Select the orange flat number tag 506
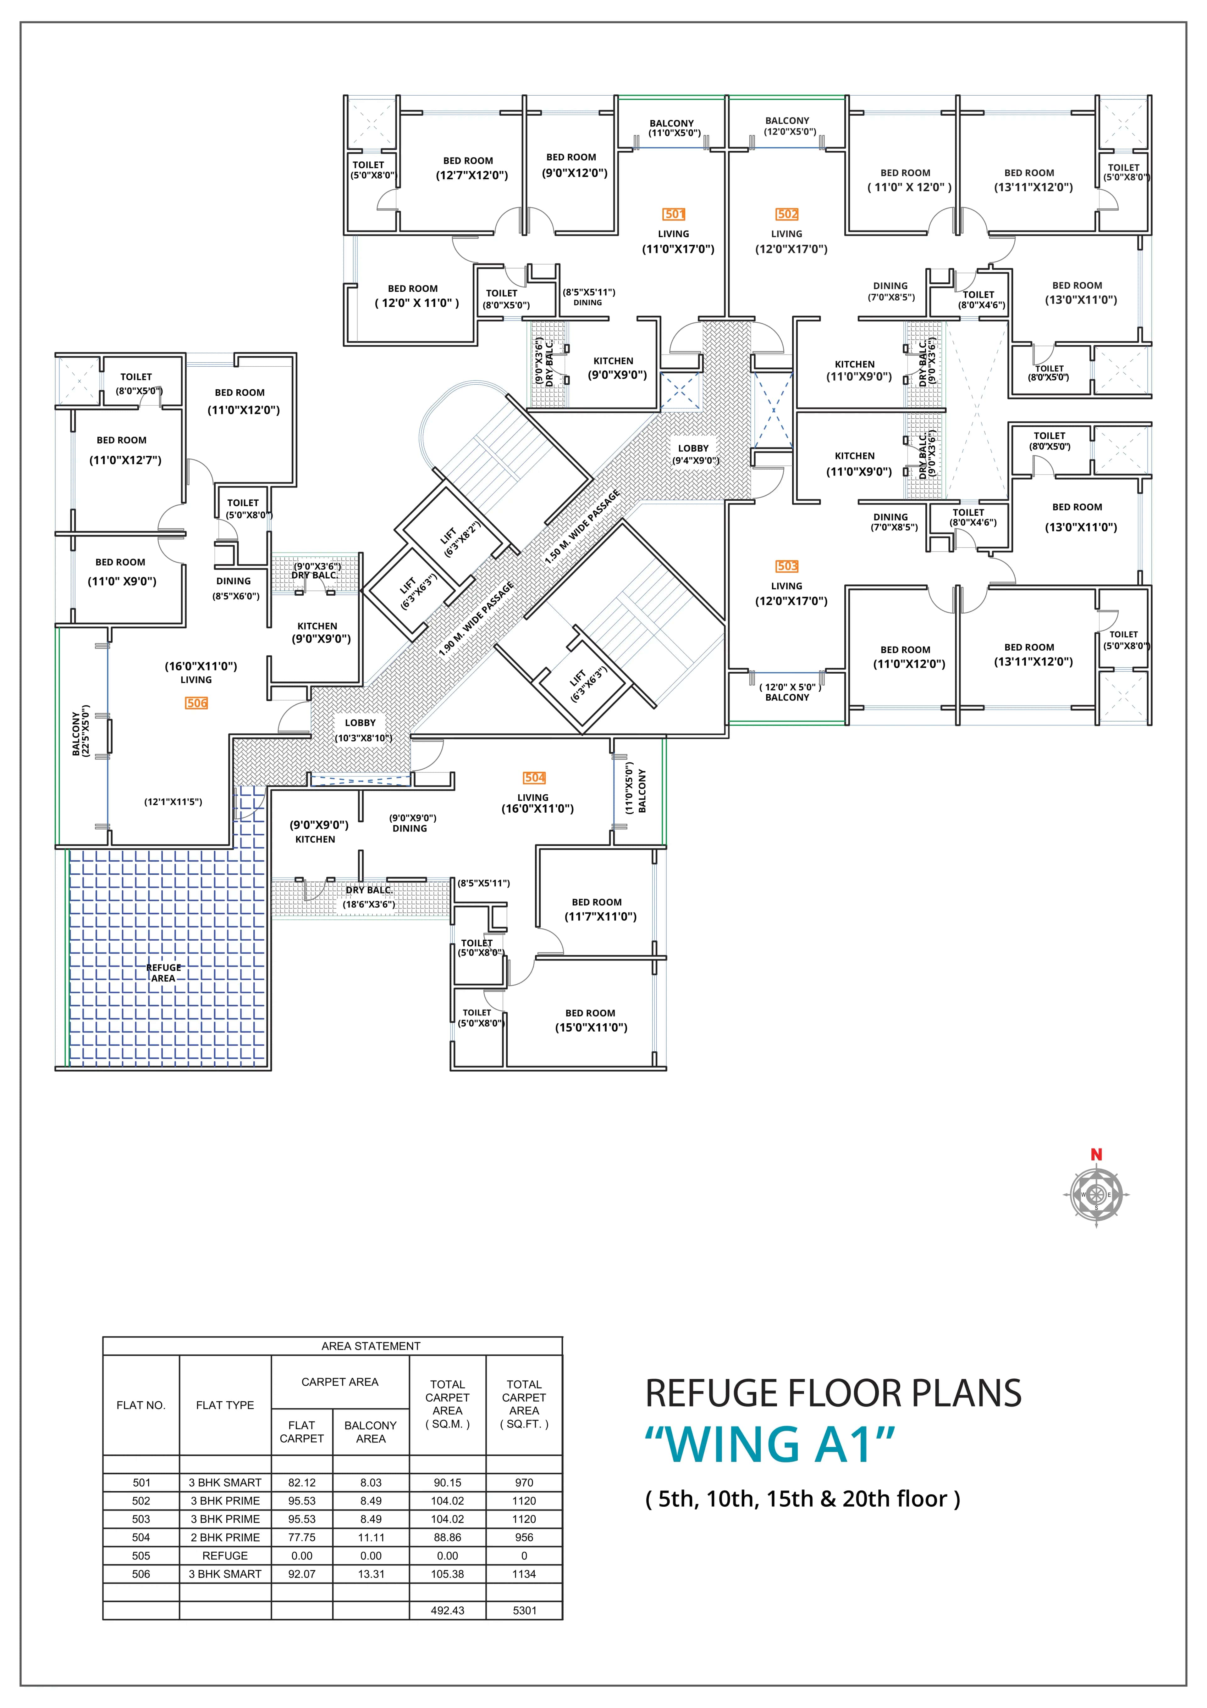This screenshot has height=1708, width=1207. [x=196, y=703]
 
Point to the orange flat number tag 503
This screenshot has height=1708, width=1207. [x=787, y=566]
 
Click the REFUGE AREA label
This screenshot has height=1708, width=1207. [x=164, y=973]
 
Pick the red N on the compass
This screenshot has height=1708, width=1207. [x=1096, y=1154]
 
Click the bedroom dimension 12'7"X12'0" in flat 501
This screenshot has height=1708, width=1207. [x=471, y=175]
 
